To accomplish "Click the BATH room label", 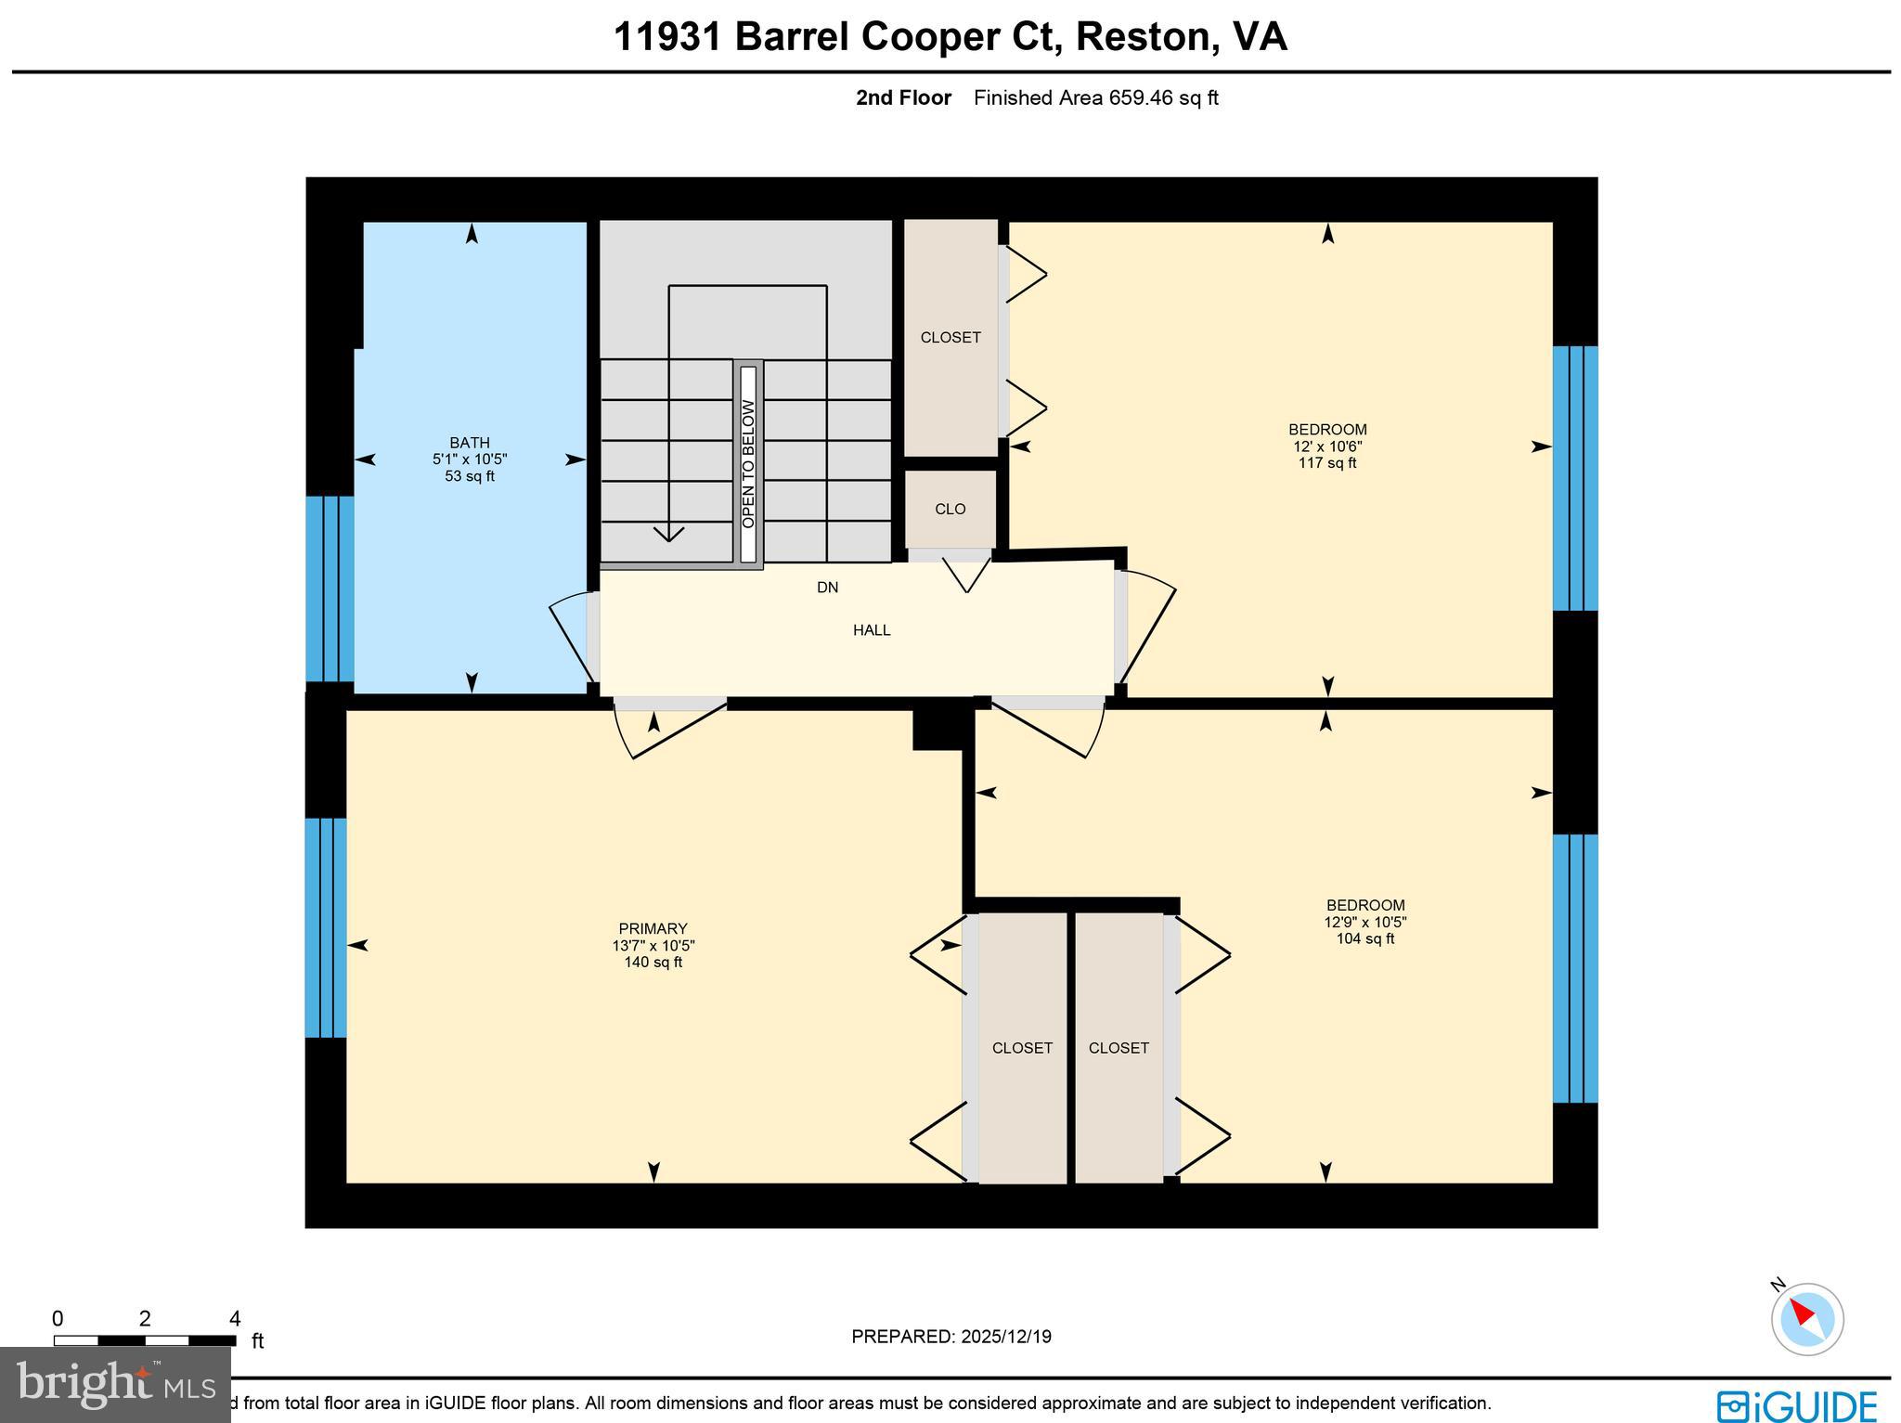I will tap(469, 443).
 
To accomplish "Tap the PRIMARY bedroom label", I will tap(653, 928).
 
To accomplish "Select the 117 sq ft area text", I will tap(1326, 463).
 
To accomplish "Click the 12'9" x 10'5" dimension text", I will tap(1364, 922).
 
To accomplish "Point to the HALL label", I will tap(872, 630).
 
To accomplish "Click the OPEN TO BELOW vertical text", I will tap(748, 464).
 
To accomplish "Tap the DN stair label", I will tap(827, 588).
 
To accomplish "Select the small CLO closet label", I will tap(950, 509).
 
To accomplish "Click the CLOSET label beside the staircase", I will tap(950, 338).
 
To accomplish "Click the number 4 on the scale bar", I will tap(235, 1319).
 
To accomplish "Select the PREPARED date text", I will tap(950, 1337).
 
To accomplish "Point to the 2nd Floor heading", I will tap(903, 97).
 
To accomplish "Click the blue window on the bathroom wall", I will tap(330, 589).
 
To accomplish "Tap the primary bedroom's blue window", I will tap(326, 926).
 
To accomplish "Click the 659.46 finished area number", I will tap(1141, 97).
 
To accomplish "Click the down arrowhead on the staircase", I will tap(668, 534).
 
